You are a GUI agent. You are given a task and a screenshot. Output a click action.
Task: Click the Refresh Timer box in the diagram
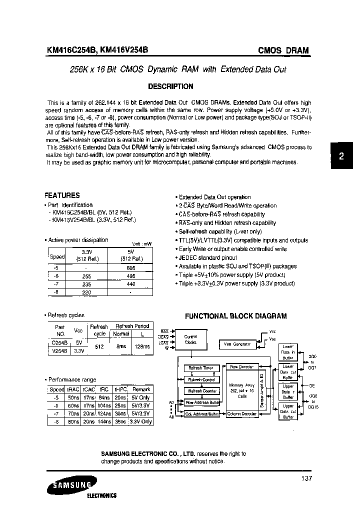[x=201, y=368]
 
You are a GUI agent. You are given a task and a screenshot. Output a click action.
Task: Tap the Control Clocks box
[x=190, y=339]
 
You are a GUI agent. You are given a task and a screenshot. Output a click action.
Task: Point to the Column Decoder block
[x=242, y=413]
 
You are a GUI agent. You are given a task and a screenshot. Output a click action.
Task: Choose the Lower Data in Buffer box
[x=288, y=352]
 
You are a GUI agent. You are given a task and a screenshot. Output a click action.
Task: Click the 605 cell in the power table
[x=130, y=268]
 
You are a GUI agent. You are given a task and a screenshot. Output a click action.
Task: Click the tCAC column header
[x=89, y=389]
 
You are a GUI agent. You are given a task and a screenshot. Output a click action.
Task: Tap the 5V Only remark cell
[x=142, y=397]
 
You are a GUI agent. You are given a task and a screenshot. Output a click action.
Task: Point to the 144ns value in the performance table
[x=104, y=421]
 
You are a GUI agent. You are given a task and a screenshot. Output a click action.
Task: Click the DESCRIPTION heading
[x=170, y=86]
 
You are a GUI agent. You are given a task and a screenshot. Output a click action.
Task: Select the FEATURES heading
[x=62, y=195]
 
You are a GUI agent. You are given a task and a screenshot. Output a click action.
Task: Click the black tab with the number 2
[x=341, y=156]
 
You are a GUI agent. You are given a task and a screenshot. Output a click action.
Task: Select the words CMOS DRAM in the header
[x=283, y=50]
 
